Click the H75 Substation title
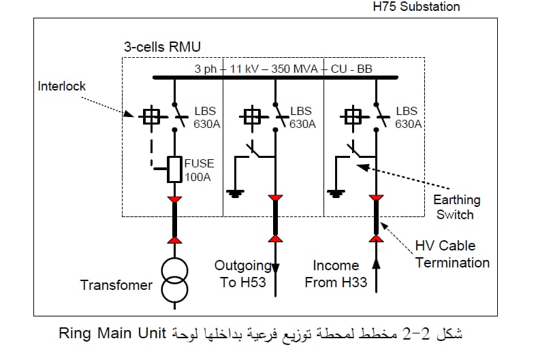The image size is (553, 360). pyautogui.click(x=416, y=6)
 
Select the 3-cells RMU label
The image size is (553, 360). pyautogui.click(x=162, y=47)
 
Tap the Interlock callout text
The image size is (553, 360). pyautogui.click(x=62, y=86)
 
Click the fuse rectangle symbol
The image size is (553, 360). pyautogui.click(x=174, y=169)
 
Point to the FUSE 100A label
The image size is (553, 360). pyautogui.click(x=199, y=170)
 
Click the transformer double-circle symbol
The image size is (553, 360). pyautogui.click(x=174, y=280)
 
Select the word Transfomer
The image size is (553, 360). pyautogui.click(x=116, y=285)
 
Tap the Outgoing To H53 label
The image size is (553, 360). pyautogui.click(x=242, y=274)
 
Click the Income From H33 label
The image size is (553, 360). pyautogui.click(x=336, y=274)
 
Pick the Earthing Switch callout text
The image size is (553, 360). pyautogui.click(x=456, y=207)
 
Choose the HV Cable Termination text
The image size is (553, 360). pyautogui.click(x=452, y=254)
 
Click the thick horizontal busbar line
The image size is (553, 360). pyautogui.click(x=275, y=78)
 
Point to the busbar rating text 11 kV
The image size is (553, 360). pyautogui.click(x=244, y=69)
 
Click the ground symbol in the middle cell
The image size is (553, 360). pyautogui.click(x=235, y=194)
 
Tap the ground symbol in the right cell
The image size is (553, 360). pyautogui.click(x=336, y=194)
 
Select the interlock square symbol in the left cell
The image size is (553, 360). pyautogui.click(x=152, y=116)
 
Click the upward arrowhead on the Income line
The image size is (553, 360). pyautogui.click(x=377, y=263)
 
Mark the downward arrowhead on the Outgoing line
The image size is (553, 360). pyautogui.click(x=275, y=268)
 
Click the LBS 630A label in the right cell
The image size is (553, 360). pyautogui.click(x=408, y=117)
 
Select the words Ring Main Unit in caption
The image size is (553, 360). pyautogui.click(x=112, y=333)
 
